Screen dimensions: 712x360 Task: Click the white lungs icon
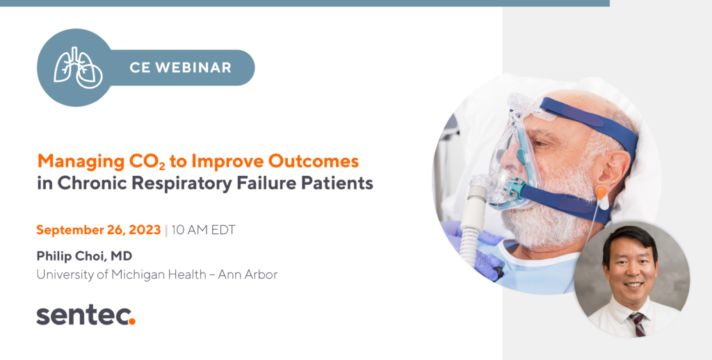(x=78, y=67)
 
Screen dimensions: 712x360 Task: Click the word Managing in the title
(x=81, y=162)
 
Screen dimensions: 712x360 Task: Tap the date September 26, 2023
(x=99, y=230)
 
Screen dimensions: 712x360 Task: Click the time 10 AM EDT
(x=204, y=230)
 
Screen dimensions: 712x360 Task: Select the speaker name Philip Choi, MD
(x=84, y=256)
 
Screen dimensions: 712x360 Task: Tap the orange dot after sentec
(x=131, y=321)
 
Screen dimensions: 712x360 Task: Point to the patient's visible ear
(x=614, y=170)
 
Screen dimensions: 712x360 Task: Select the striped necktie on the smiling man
(x=637, y=324)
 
